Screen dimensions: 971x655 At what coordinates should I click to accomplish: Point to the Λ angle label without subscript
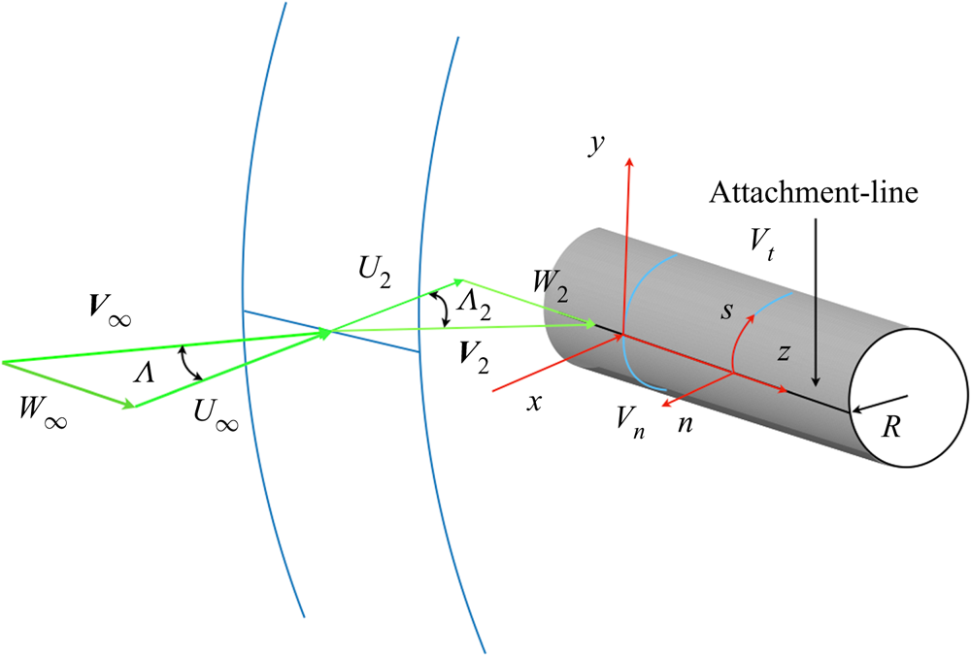pos(144,373)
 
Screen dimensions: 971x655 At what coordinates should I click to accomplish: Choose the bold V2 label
pos(475,358)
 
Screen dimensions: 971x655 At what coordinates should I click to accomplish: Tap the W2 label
pos(551,285)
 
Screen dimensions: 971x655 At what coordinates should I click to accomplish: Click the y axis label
pos(597,145)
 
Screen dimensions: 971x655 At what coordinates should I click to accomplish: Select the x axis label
pos(534,403)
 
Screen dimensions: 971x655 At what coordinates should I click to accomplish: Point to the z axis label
pos(784,352)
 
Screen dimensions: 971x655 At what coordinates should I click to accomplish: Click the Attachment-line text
pos(814,192)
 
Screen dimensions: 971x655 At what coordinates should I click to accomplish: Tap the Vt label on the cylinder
pos(761,243)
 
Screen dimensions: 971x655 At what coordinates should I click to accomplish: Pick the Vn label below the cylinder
pos(631,423)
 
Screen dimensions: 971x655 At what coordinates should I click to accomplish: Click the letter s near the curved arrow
pos(726,311)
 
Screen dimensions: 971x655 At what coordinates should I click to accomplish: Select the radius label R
pos(890,427)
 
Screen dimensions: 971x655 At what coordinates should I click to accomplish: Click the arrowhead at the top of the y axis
pos(630,162)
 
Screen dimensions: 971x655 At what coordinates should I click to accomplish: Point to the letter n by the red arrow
pos(685,424)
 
